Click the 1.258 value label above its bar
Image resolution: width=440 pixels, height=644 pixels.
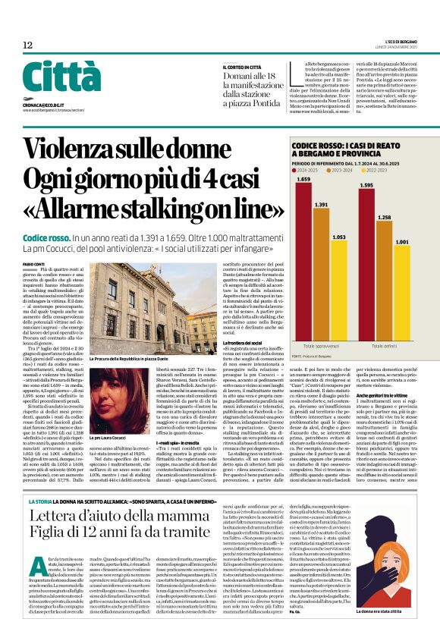(385, 217)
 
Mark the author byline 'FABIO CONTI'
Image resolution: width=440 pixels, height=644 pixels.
(34, 263)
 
